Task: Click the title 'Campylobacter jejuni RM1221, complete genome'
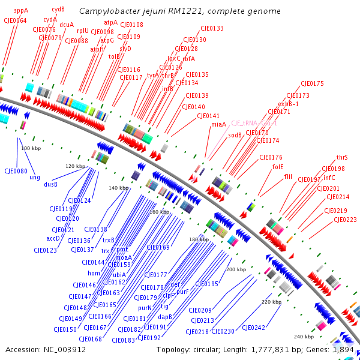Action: tap(180, 11)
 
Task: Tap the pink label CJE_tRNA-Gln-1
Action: tap(254, 123)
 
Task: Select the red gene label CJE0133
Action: tap(212, 28)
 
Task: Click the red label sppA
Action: tap(21, 10)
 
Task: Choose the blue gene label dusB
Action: tap(50, 184)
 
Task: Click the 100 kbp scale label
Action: tap(31, 148)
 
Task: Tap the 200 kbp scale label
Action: tap(236, 270)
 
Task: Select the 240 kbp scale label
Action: tap(303, 337)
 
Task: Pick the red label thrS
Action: tap(342, 157)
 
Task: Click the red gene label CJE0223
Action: tap(345, 220)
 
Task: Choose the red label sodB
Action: tap(235, 136)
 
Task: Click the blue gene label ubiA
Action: tap(119, 275)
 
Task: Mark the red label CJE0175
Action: tap(312, 83)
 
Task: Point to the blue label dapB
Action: tap(165, 316)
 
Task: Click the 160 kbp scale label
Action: tap(160, 212)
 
